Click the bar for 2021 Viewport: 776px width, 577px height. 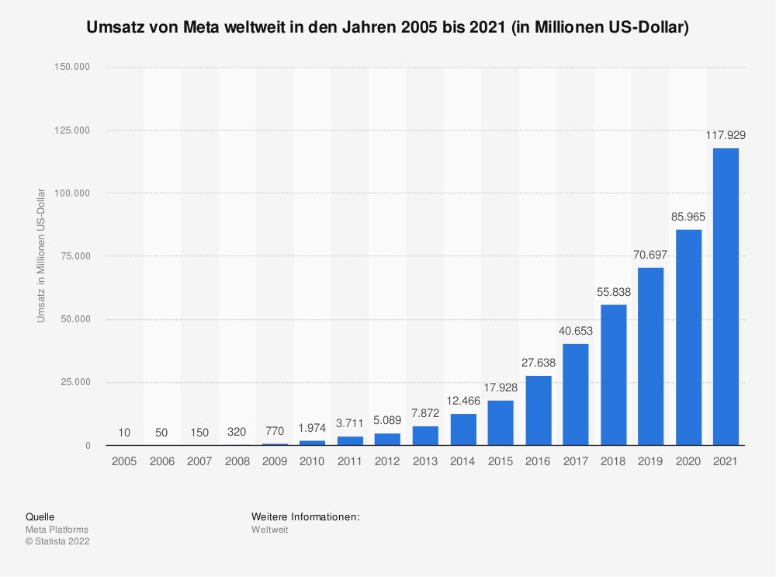[x=726, y=297]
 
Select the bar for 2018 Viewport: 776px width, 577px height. [x=613, y=375]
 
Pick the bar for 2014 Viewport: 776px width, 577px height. [x=463, y=429]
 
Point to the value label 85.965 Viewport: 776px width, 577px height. [x=688, y=217]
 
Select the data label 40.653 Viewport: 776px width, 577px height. [x=576, y=331]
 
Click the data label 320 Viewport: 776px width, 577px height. [x=237, y=430]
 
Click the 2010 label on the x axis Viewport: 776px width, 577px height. [x=312, y=461]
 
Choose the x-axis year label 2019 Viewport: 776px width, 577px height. [x=650, y=461]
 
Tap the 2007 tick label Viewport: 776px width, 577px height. [x=199, y=461]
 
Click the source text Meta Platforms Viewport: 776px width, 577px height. [x=57, y=530]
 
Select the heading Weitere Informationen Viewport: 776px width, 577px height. [x=306, y=516]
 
